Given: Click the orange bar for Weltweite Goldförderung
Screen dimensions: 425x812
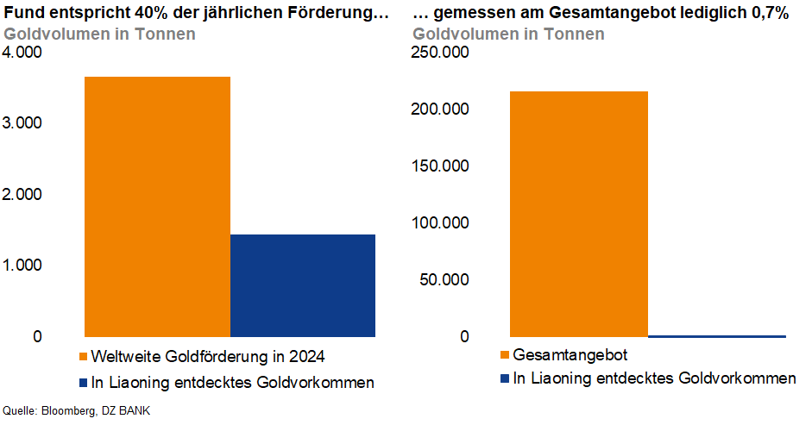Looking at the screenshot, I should [x=157, y=206].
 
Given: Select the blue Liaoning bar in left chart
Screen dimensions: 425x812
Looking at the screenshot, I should [x=303, y=285].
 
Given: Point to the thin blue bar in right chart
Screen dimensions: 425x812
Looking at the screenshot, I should [x=717, y=335].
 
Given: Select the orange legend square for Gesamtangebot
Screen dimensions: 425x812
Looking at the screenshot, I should [x=504, y=355].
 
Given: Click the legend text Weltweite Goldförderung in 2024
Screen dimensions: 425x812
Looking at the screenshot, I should [x=207, y=355].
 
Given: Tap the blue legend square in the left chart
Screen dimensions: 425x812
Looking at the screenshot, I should [x=83, y=382].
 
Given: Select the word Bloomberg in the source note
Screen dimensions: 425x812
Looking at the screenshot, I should [x=70, y=410].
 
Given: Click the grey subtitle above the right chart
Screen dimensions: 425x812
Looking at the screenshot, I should [x=508, y=34].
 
